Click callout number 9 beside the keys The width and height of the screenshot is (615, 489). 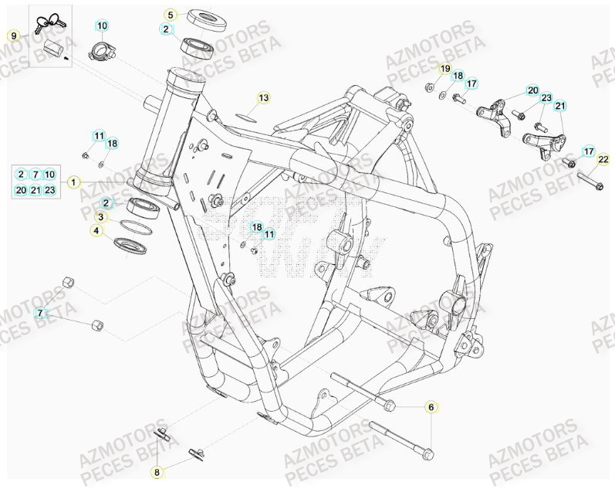pyautogui.click(x=13, y=36)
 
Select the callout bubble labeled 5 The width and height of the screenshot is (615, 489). pyautogui.click(x=171, y=14)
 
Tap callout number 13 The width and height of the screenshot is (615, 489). pyautogui.click(x=263, y=98)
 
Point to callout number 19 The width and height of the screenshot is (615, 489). pyautogui.click(x=445, y=69)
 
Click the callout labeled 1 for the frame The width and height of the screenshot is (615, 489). pyautogui.click(x=73, y=182)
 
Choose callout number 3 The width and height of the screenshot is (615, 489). pyautogui.click(x=100, y=217)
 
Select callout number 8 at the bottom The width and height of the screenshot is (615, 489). pyautogui.click(x=157, y=471)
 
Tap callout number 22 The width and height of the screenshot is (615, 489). pyautogui.click(x=603, y=160)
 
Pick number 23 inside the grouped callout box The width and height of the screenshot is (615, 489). pyautogui.click(x=49, y=190)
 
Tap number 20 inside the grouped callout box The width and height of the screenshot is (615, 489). pyautogui.click(x=21, y=190)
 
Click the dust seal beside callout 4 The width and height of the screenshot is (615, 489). pyautogui.click(x=130, y=245)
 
